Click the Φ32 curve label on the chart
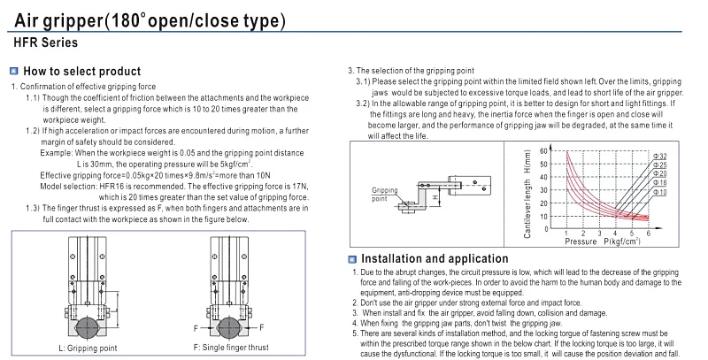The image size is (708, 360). (x=660, y=156)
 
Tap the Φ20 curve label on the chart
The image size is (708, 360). (x=660, y=173)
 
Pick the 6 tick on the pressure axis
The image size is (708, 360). (x=648, y=233)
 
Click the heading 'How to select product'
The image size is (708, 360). (x=81, y=71)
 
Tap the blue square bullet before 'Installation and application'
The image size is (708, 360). (x=351, y=258)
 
